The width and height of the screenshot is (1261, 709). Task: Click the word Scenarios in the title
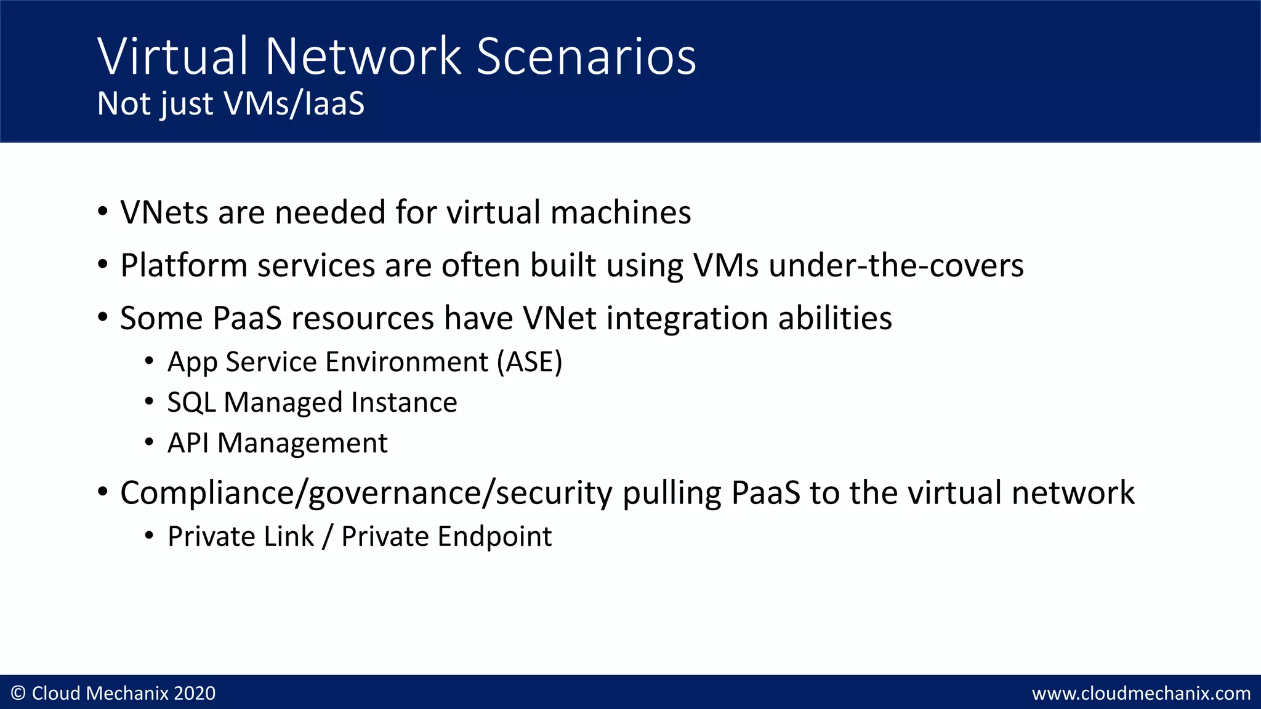click(586, 57)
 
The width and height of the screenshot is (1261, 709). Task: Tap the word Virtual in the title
click(173, 57)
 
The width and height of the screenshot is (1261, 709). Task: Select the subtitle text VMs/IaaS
click(294, 103)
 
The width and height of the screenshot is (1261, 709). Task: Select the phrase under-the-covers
click(896, 266)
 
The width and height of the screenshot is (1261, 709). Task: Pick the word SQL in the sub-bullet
click(191, 403)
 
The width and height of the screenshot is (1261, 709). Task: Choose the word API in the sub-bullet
click(188, 443)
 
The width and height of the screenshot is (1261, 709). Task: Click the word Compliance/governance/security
click(366, 494)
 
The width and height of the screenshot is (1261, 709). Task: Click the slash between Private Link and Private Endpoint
click(328, 537)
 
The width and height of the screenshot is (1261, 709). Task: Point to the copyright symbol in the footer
click(18, 694)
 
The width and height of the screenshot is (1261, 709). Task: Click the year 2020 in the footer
click(195, 694)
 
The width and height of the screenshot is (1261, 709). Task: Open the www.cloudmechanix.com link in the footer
click(1141, 694)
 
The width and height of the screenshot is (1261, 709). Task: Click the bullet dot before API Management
click(149, 443)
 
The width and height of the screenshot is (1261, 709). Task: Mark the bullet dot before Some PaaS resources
click(103, 318)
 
